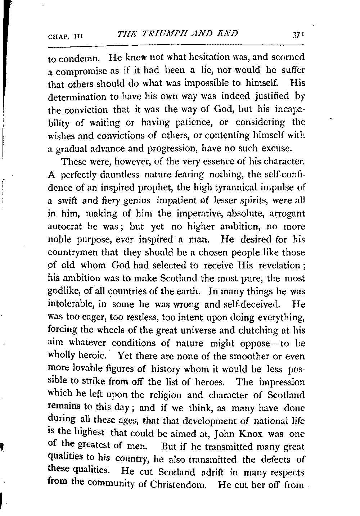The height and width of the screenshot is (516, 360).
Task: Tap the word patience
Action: click(x=192, y=122)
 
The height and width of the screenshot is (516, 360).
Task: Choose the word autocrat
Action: click(x=65, y=227)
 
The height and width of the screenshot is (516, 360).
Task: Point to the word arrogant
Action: click(x=286, y=213)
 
